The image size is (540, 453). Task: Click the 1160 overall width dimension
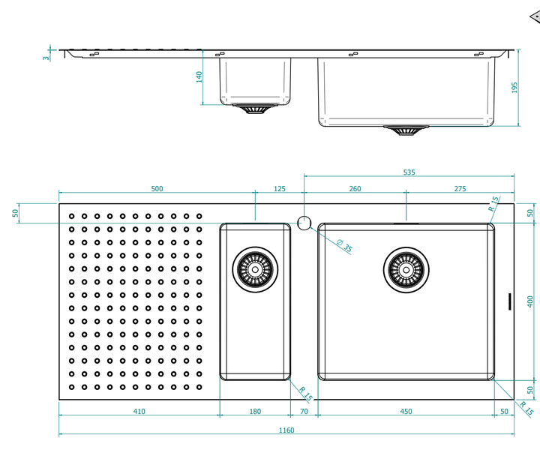[x=286, y=430]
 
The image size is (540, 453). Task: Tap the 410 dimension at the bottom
[x=139, y=411]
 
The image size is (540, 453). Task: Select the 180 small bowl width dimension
[x=255, y=411]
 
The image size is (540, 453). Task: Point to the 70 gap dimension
[x=304, y=411]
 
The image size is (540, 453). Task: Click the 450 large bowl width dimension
[x=406, y=411]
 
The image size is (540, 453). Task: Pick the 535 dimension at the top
[x=409, y=172]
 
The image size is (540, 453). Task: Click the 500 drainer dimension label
[x=157, y=189]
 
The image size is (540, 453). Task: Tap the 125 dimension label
[x=280, y=189]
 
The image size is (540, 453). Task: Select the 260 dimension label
[x=355, y=189]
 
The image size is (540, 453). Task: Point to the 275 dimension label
[x=460, y=189]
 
